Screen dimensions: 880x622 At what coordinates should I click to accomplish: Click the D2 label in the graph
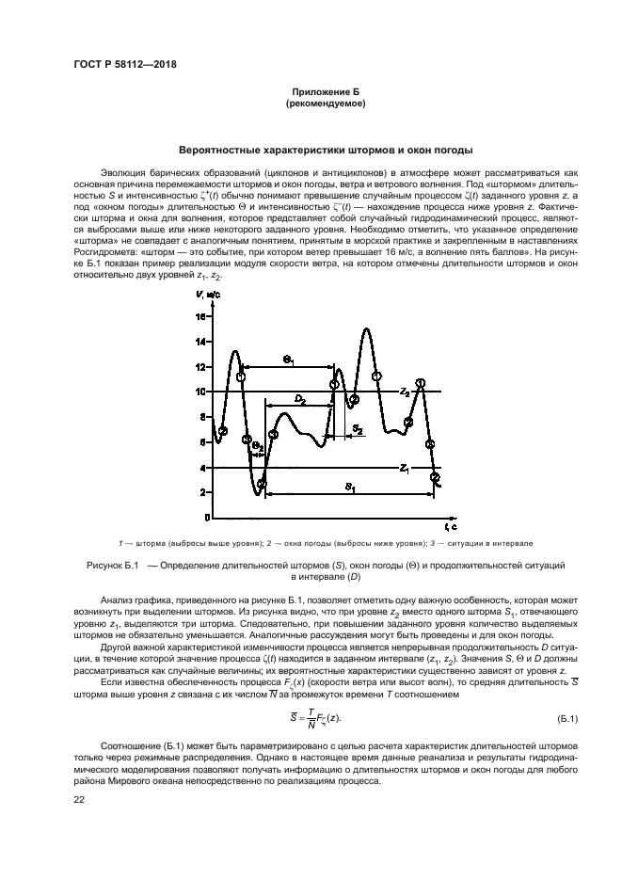[x=299, y=399]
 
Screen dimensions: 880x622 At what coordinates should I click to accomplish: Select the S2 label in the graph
[x=358, y=428]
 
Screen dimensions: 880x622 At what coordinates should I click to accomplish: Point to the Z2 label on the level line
[x=404, y=390]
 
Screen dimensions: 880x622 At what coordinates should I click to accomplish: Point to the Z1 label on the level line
[x=404, y=467]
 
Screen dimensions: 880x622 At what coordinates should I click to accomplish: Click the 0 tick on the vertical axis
[x=203, y=518]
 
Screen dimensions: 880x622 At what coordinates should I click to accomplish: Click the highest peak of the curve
[x=366, y=328]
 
